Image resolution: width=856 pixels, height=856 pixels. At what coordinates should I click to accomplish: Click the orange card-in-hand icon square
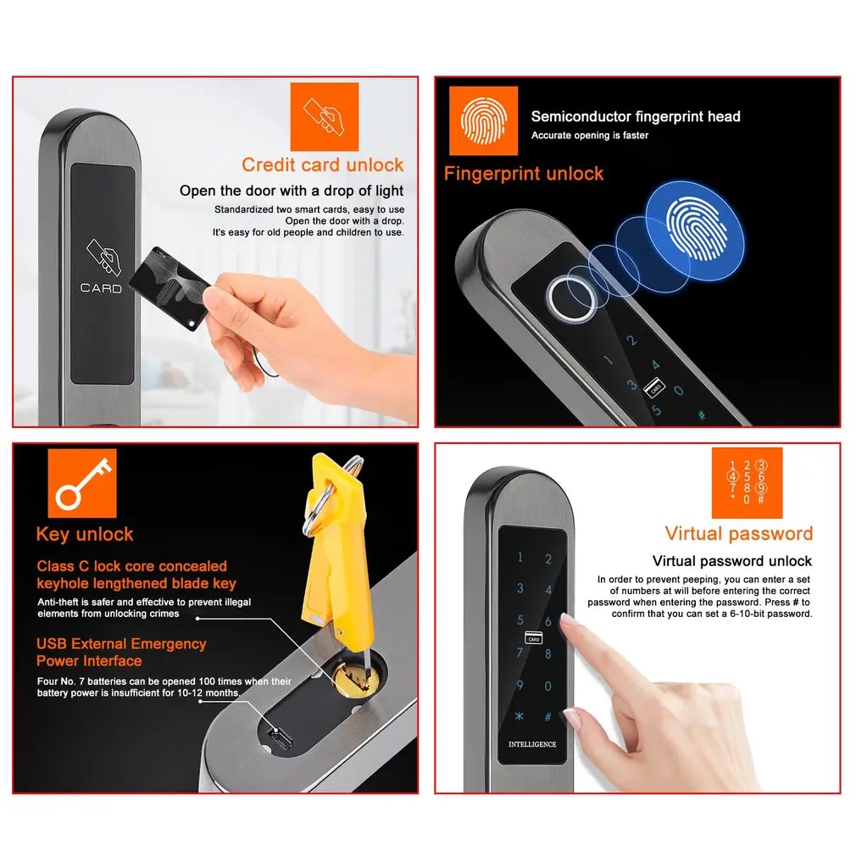(325, 117)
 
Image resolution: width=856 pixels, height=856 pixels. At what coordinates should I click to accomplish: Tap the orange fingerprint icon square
(483, 120)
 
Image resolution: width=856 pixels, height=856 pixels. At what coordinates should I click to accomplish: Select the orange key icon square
(82, 483)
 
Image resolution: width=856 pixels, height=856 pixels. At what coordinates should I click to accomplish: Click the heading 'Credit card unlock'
(323, 165)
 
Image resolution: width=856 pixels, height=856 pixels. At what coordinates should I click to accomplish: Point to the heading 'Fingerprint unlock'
(524, 174)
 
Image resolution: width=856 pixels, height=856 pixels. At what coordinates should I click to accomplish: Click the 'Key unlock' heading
(85, 534)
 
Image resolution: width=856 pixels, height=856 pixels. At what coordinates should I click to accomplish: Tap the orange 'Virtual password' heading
(739, 533)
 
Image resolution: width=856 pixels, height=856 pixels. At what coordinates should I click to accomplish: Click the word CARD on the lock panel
(101, 288)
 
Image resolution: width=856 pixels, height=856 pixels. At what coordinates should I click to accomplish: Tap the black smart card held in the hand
(170, 287)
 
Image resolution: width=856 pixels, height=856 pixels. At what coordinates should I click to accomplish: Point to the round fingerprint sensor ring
(572, 300)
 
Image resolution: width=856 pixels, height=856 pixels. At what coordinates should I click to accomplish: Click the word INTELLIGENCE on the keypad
(532, 744)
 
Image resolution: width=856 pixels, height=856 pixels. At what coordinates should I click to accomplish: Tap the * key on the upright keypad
(520, 716)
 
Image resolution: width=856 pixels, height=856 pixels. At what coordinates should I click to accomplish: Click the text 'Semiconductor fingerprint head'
(636, 116)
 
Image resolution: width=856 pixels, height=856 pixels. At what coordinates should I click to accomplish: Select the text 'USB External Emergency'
(121, 643)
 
